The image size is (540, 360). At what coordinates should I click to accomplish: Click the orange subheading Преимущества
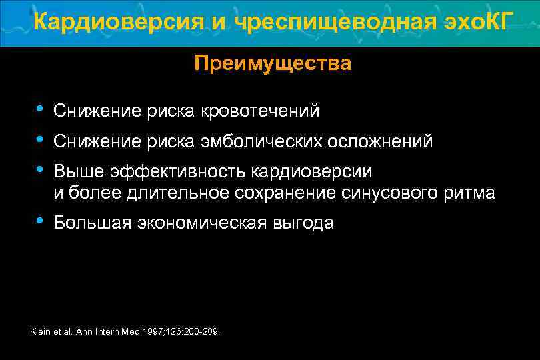273,64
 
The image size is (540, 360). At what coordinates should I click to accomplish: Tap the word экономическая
203,223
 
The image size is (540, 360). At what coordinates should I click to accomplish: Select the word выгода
305,223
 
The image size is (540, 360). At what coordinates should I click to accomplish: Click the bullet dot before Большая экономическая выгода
41,221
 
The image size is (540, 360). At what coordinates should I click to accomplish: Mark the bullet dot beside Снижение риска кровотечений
41,109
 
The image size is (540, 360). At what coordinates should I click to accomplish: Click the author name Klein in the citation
41,331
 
